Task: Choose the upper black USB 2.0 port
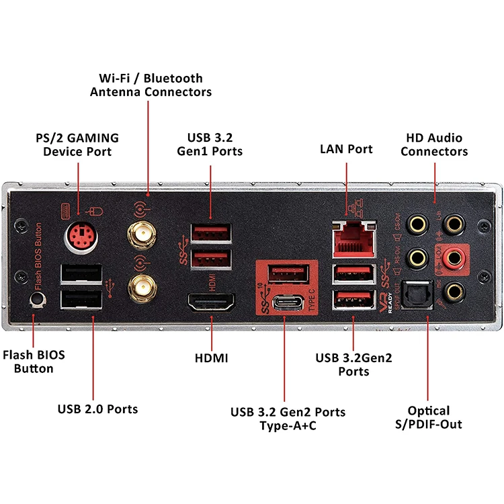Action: point(82,274)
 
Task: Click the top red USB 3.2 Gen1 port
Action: point(211,233)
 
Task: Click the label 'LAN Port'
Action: point(346,149)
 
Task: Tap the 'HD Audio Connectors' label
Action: point(434,144)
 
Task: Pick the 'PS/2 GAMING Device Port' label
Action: point(77,144)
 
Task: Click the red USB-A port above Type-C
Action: point(288,274)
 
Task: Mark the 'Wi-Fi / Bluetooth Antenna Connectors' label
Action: point(151,85)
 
